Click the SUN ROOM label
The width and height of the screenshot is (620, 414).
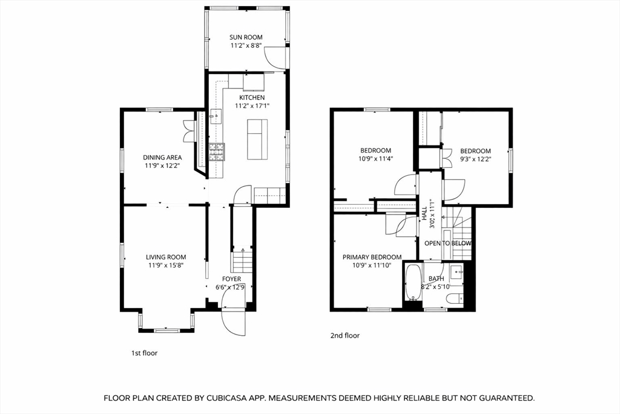pos(246,37)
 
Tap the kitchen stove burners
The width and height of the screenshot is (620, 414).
pos(217,152)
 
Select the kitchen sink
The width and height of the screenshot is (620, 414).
pos(216,116)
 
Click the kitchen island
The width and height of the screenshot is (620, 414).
pos(257,139)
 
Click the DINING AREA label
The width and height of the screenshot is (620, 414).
pos(162,158)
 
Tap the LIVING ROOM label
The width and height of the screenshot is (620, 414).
pos(166,257)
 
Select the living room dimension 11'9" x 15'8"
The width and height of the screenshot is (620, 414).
pos(166,265)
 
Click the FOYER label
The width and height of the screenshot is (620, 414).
pos(231,279)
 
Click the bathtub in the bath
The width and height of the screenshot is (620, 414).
pos(413,282)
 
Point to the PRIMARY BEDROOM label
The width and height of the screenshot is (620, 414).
pos(372,257)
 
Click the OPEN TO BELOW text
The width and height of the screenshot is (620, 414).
pos(448,244)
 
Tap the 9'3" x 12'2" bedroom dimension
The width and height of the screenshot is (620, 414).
pos(475,159)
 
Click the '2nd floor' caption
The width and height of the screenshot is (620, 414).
pos(345,336)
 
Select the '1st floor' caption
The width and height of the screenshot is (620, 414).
pos(144,353)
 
